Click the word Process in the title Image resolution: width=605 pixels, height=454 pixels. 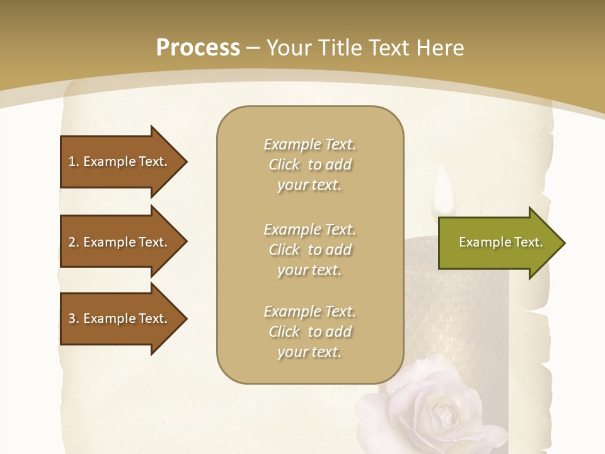pos(198,48)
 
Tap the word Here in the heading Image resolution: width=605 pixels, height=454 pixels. pos(439,48)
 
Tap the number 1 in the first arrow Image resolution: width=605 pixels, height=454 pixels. pos(72,161)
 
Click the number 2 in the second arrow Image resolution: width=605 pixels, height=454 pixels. pos(72,242)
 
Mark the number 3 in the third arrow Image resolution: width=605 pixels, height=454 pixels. pos(72,318)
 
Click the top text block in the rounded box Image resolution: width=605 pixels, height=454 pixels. pos(309,165)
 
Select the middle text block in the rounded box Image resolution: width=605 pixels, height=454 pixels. pos(309,249)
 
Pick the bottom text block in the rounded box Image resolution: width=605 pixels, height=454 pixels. pos(309,332)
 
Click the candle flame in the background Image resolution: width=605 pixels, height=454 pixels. pos(444,189)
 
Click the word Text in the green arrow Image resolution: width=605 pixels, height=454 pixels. pos(528,242)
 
